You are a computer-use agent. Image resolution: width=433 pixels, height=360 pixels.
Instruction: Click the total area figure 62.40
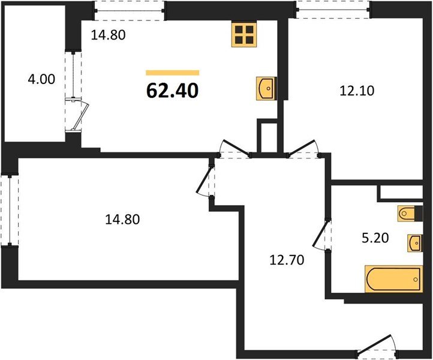coord(172,90)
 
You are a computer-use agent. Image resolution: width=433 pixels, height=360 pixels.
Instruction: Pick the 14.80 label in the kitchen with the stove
coord(108,35)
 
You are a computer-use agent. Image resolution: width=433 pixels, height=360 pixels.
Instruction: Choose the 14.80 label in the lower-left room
coord(122,220)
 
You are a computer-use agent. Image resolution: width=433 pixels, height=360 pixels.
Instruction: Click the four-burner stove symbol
coord(243,35)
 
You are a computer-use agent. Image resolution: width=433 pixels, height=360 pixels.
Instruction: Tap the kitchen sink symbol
coord(266,87)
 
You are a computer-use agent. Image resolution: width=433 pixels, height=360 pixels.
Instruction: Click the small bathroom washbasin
coord(414,243)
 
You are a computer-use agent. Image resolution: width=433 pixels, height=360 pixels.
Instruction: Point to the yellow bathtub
coord(393,279)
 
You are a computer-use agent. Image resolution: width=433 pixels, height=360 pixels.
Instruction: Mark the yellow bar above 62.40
coord(172,73)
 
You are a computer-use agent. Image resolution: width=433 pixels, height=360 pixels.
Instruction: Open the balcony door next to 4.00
coord(77,114)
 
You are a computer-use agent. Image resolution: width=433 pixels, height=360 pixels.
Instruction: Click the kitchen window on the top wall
coord(130,9)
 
